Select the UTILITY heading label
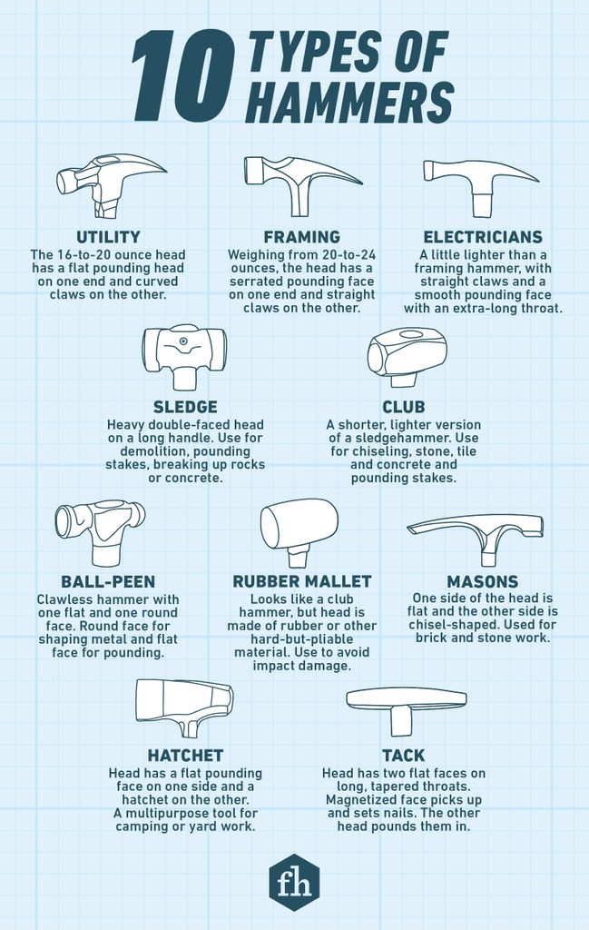[107, 237]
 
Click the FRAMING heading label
[302, 237]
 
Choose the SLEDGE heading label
[184, 407]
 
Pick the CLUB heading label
[403, 407]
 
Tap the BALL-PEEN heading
[108, 581]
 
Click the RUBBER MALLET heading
[302, 581]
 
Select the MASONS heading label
[482, 581]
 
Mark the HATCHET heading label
[185, 755]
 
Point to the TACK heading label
[404, 755]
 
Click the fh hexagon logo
[294, 881]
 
